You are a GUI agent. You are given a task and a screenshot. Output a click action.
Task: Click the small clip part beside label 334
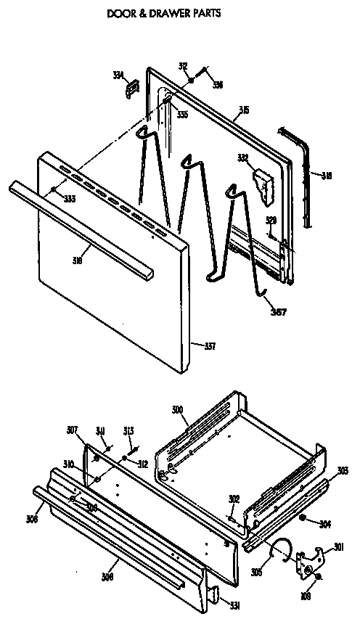132,88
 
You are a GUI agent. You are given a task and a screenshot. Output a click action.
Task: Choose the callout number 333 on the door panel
69,199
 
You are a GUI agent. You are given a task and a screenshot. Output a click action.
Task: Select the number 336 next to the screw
217,85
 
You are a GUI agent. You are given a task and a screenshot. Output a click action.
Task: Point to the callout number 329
270,220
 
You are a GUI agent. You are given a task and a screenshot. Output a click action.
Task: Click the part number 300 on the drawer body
176,411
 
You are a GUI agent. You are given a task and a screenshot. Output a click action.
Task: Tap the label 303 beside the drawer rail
343,471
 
